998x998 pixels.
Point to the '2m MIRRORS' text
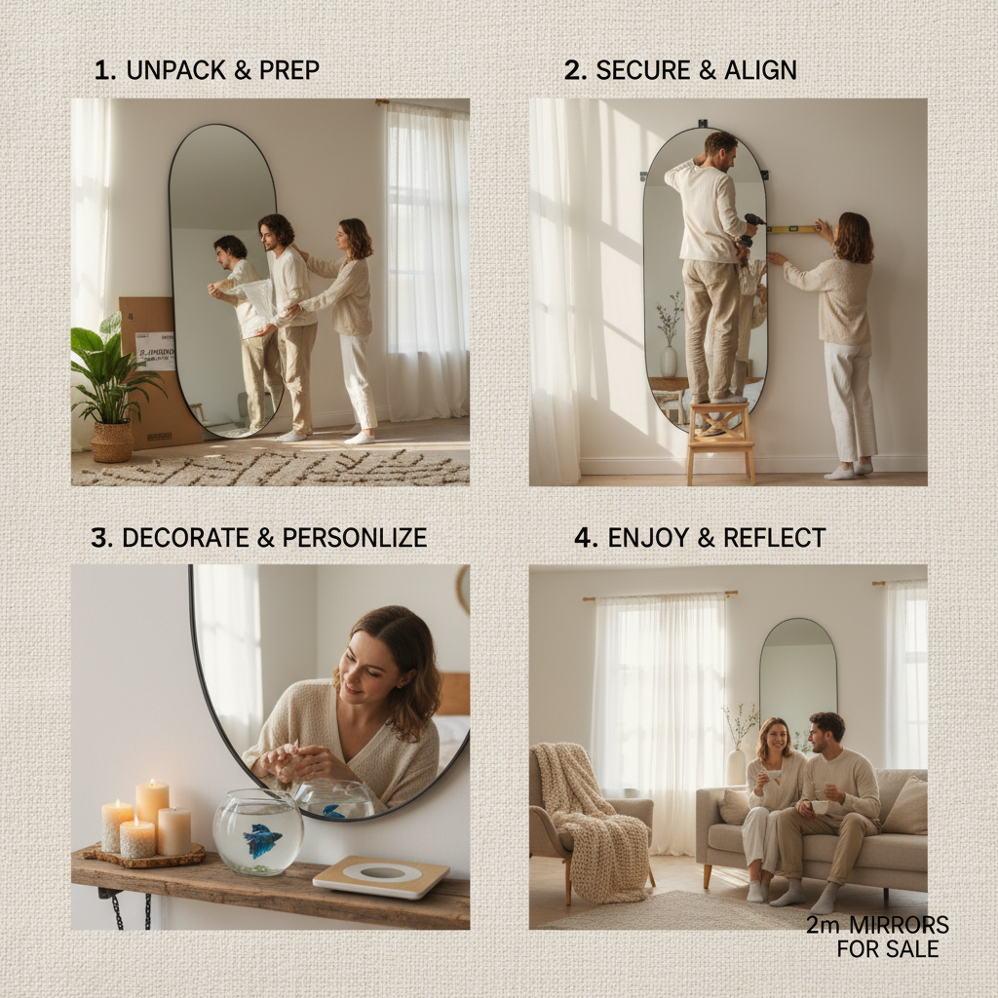[x=877, y=925]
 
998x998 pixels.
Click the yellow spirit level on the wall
[x=790, y=230]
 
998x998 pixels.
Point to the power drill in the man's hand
[x=751, y=226]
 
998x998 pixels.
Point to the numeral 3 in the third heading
[x=98, y=538]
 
